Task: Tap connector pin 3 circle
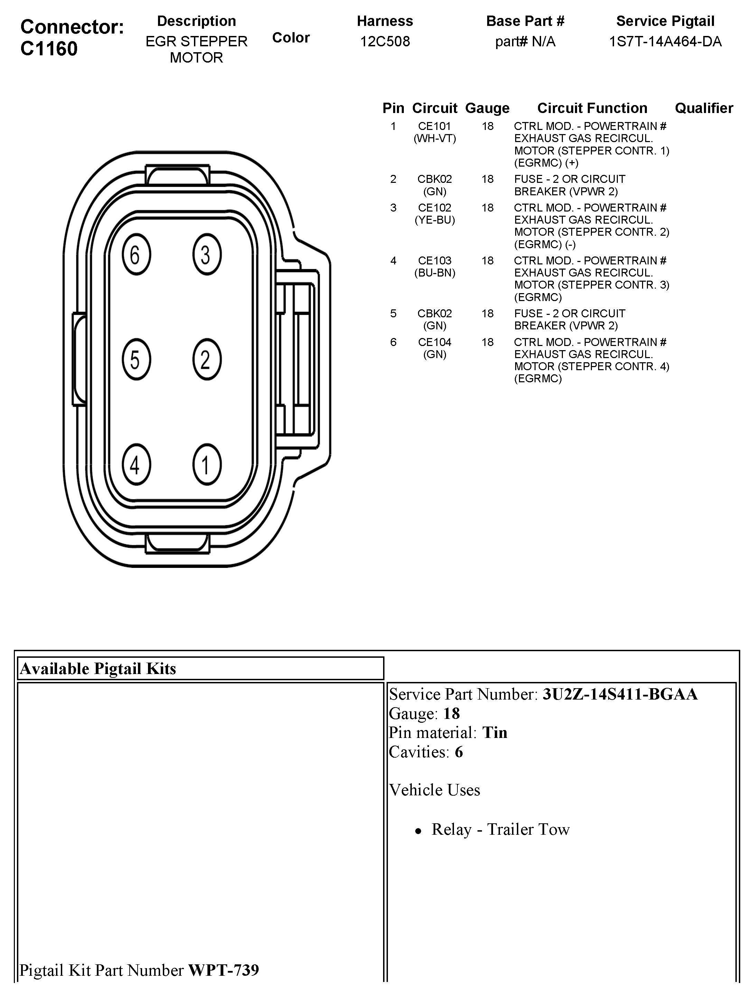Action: pos(207,254)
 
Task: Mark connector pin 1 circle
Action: pos(207,465)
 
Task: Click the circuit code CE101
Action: pos(434,127)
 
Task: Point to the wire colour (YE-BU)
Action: pos(434,220)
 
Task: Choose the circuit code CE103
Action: pos(434,261)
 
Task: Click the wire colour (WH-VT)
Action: pos(434,139)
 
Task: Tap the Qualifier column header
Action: pos(704,108)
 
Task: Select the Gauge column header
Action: pos(487,108)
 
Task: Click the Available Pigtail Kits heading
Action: pos(98,669)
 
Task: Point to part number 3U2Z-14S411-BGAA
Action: pos(620,694)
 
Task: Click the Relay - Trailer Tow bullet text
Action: pos(500,830)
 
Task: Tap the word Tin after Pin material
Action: pos(494,733)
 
